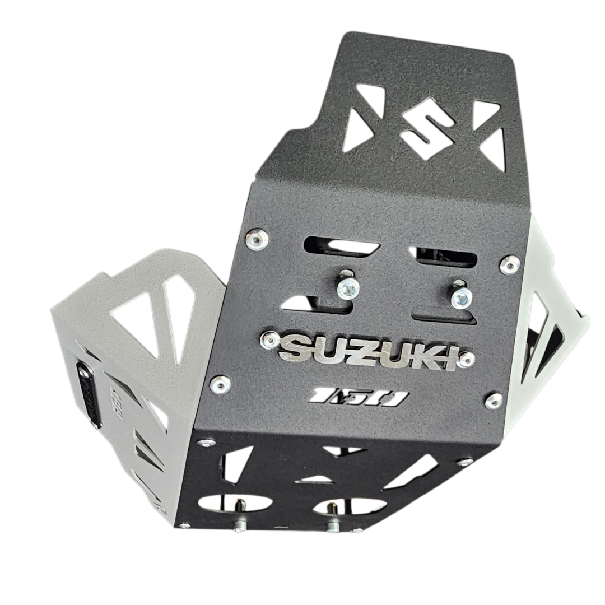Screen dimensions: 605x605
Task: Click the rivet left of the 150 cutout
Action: [x=218, y=384]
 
